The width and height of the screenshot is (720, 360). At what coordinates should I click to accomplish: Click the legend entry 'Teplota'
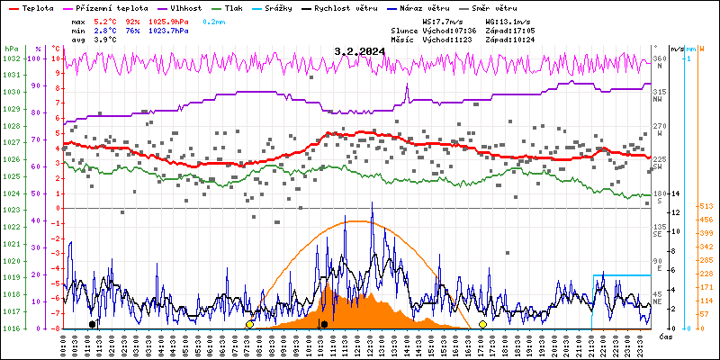pyautogui.click(x=37, y=7)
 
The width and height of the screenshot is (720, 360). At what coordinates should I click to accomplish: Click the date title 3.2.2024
pyautogui.click(x=359, y=51)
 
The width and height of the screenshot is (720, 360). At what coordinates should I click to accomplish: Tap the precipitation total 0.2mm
pyautogui.click(x=214, y=21)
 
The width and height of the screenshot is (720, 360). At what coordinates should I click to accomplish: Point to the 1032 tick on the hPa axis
pyautogui.click(x=11, y=58)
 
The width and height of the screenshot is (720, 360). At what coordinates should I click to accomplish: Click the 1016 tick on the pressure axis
pyautogui.click(x=11, y=328)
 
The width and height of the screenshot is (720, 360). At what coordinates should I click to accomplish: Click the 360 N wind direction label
pyautogui.click(x=659, y=62)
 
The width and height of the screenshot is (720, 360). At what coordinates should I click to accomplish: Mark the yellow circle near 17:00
pyautogui.click(x=482, y=324)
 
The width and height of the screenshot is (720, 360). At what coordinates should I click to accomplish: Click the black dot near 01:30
pyautogui.click(x=92, y=324)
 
